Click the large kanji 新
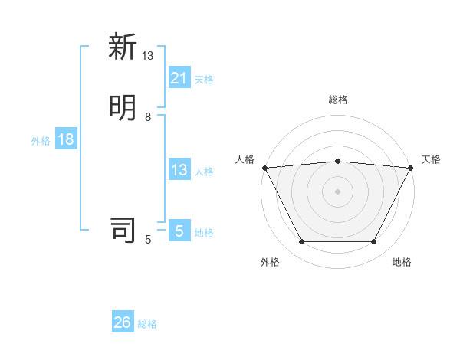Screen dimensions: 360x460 123,47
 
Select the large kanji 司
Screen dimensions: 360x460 123,230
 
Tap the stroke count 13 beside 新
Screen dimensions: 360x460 148,56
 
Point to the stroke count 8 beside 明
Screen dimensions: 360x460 148,117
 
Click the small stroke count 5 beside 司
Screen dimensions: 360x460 148,240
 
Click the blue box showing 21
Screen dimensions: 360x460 179,78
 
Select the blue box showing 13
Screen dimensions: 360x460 179,170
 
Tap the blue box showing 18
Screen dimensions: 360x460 65,139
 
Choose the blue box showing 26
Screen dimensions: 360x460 123,322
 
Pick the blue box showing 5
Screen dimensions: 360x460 179,231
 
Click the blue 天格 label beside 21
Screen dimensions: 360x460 204,80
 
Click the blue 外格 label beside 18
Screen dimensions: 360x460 41,141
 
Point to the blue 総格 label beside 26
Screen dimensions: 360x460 147,324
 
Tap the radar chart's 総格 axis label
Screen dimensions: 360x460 338,100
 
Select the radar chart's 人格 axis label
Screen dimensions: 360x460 245,159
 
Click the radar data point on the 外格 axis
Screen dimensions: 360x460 301,242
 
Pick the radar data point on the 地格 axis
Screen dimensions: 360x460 374,242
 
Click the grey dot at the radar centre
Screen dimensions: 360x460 338,191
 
